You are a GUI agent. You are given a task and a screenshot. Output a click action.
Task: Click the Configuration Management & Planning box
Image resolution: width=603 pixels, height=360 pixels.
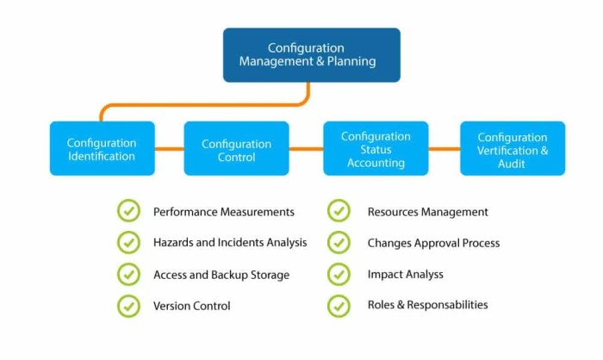[311, 55]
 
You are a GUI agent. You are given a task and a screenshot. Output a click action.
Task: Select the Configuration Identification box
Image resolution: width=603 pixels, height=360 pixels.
[102, 149]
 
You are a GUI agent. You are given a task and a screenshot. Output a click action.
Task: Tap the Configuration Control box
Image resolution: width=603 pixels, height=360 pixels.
[236, 149]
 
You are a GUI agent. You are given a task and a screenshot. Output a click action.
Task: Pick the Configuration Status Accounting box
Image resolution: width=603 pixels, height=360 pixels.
[376, 149]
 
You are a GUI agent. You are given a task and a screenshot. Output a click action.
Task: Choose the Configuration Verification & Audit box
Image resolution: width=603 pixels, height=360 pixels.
[512, 149]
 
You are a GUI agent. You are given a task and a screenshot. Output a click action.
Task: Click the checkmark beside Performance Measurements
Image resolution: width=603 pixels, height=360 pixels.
[128, 211]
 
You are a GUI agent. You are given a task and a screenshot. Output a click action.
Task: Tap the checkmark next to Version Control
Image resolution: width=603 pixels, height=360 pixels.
[128, 305]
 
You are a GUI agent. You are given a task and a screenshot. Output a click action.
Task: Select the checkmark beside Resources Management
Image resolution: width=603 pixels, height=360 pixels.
[339, 211]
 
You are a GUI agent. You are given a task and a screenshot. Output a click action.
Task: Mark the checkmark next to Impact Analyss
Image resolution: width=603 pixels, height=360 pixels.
[339, 274]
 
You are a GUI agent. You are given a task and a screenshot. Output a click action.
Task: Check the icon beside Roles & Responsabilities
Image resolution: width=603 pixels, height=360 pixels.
[339, 305]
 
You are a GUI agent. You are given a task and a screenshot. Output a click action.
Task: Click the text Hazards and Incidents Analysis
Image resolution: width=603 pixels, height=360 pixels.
[230, 243]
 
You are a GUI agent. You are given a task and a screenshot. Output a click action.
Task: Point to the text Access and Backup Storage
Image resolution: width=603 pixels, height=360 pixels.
[221, 275]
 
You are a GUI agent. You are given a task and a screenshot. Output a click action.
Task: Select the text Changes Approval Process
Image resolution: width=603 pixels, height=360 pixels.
[433, 243]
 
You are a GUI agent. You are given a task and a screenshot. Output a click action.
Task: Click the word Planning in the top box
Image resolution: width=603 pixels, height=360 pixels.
[347, 62]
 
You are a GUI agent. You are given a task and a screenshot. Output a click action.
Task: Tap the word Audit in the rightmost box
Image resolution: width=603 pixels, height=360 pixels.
[512, 164]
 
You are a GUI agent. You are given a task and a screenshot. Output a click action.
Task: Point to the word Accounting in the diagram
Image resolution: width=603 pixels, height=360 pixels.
[376, 163]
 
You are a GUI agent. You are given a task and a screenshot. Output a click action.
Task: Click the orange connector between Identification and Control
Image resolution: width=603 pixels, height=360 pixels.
[169, 149]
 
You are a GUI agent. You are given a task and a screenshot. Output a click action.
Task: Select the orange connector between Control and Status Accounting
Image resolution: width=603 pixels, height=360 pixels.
[305, 149]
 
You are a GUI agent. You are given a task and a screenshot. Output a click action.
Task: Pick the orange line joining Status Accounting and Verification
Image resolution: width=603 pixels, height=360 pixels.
[444, 149]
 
